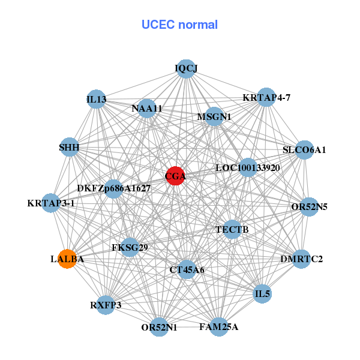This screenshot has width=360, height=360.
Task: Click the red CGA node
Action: pos(175,176)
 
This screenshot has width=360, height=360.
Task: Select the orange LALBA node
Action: pos(67,259)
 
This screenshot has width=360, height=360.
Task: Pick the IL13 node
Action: pos(97,99)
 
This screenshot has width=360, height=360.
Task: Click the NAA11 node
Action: pos(146,109)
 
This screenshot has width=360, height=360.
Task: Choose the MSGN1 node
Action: pos(214,116)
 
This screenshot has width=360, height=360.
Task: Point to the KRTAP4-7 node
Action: pos(266,97)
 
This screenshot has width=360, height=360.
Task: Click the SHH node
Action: pos(69,148)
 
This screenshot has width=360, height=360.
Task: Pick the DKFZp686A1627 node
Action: pos(113,188)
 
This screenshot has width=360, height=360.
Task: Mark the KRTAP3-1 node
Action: pos(51,203)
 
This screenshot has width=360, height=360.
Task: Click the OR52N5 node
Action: pos(309,207)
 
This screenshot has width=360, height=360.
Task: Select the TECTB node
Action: pos(232,229)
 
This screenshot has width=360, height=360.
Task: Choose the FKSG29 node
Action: pos(130,247)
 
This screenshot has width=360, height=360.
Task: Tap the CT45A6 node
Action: pos(187,270)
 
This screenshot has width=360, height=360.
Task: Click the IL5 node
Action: pos(262,294)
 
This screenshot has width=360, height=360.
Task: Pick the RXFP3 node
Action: pos(106,305)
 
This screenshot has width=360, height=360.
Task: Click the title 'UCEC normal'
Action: pos(179,25)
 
